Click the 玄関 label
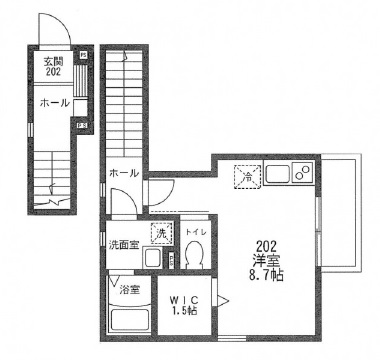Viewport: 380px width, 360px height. point(53,61)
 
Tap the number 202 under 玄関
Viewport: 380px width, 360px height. point(53,72)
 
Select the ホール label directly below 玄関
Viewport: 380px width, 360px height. point(54,103)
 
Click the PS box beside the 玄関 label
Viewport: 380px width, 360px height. point(82,54)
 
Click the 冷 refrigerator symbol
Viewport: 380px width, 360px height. point(246,177)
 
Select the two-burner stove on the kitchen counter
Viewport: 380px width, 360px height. point(303,176)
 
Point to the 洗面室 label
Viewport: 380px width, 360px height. point(124,243)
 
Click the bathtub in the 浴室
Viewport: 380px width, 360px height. point(128,322)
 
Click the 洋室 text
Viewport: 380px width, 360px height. point(266,260)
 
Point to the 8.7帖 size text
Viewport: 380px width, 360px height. point(267,276)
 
